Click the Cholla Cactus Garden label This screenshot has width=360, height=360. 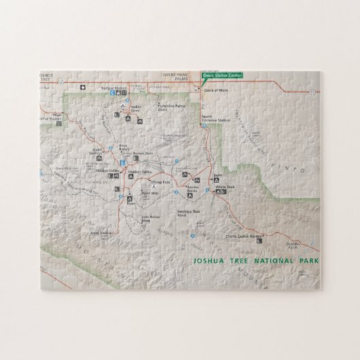[x=246, y=236]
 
